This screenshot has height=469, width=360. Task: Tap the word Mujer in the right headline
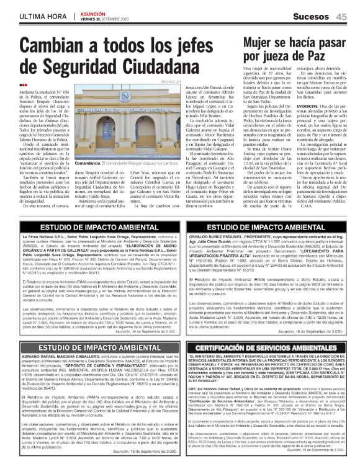coord(264,42)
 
